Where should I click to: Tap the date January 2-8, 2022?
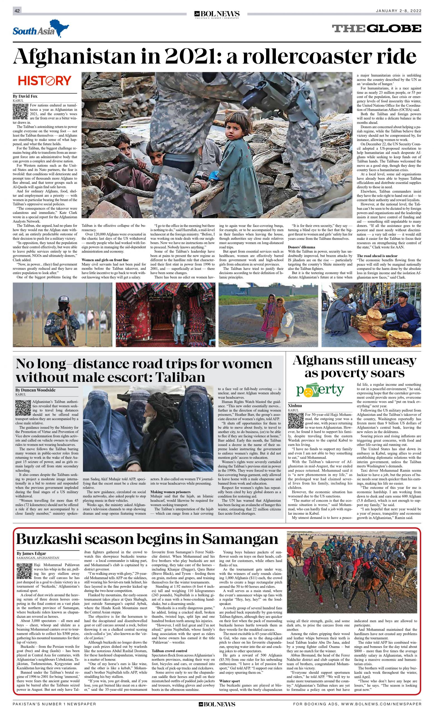pos(398,11)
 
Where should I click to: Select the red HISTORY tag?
pos(45,80)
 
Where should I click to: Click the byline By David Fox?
pos(25,96)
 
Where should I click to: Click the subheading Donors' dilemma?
pos(301,247)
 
